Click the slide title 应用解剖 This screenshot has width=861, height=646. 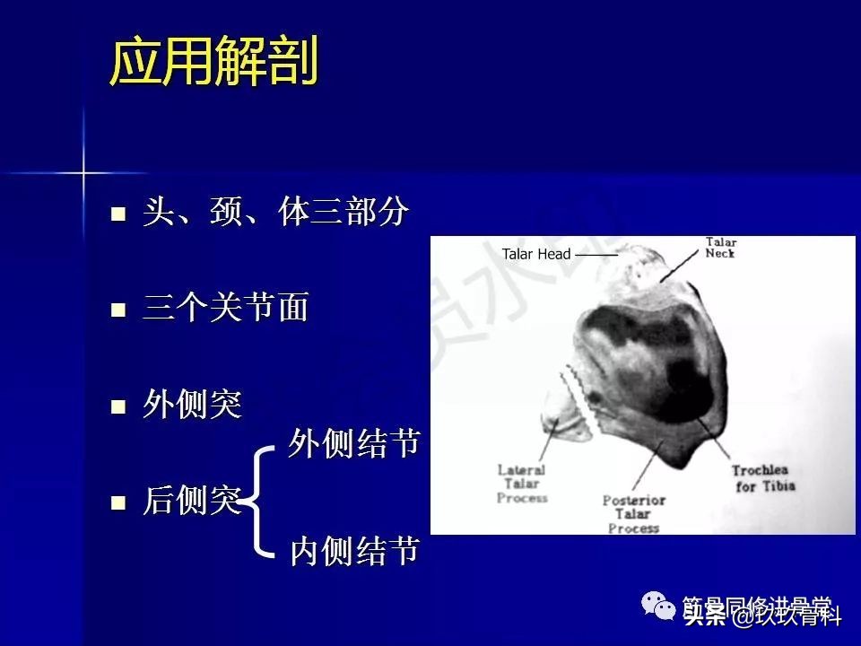pyautogui.click(x=213, y=64)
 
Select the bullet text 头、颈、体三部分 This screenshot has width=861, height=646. pyautogui.click(x=275, y=213)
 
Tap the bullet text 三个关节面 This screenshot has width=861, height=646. pyautogui.click(x=225, y=309)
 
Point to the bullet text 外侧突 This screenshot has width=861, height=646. pyautogui.click(x=192, y=406)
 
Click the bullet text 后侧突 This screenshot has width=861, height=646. pyautogui.click(x=192, y=502)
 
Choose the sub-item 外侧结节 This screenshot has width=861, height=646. pyautogui.click(x=354, y=443)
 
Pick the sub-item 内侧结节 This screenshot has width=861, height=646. pyautogui.click(x=354, y=552)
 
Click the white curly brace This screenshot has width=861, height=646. pyautogui.click(x=258, y=501)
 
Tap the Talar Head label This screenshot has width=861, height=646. pyautogui.click(x=535, y=255)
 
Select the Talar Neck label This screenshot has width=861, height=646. pyautogui.click(x=720, y=248)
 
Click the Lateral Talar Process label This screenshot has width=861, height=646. pyautogui.click(x=522, y=484)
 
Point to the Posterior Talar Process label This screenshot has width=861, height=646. pyautogui.click(x=633, y=514)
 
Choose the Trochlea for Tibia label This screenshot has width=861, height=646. pyautogui.click(x=762, y=478)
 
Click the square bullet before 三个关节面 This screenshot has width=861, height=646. pyautogui.click(x=117, y=310)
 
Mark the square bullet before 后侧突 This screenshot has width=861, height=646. pyautogui.click(x=117, y=503)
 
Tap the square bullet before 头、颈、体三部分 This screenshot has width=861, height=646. pyautogui.click(x=117, y=214)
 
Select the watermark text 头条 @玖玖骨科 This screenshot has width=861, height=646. pyautogui.click(x=762, y=616)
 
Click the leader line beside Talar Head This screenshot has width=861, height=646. pyautogui.click(x=596, y=256)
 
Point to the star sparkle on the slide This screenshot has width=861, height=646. pyautogui.click(x=83, y=170)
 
